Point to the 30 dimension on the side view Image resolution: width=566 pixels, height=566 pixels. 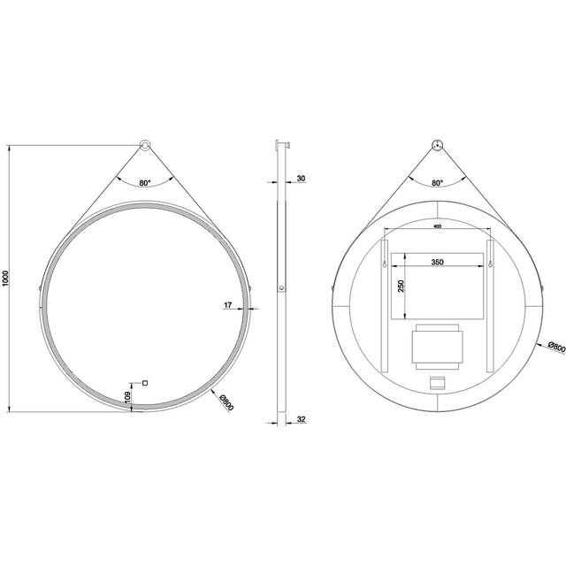301,180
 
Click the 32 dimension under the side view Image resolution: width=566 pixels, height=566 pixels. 301,421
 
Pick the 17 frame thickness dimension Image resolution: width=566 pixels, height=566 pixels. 228,305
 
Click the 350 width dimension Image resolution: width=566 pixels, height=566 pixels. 439,263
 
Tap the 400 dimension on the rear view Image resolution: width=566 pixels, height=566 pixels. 437,227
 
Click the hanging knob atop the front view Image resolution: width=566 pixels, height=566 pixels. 145,146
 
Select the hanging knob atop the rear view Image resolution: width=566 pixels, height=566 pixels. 437,146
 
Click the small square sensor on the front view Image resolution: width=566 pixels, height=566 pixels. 145,384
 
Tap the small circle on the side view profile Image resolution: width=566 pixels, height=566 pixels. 281,288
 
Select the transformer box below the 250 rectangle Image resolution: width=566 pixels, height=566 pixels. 437,347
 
